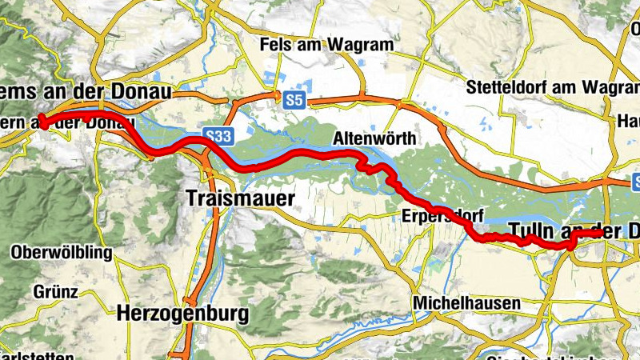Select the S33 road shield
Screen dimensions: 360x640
click(x=217, y=136)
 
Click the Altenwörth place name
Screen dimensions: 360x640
click(x=374, y=138)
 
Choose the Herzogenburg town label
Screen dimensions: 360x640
click(x=183, y=313)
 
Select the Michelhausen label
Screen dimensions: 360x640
click(x=466, y=303)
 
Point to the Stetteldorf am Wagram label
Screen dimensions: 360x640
click(x=552, y=86)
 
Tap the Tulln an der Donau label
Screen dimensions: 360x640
click(x=574, y=231)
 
